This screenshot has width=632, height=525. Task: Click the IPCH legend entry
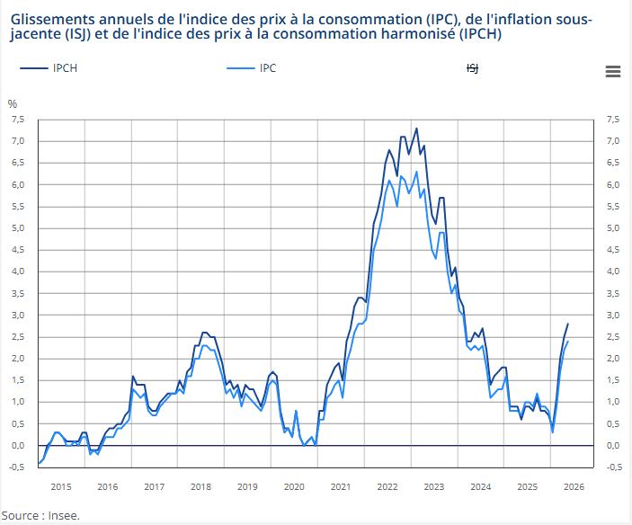point(49,68)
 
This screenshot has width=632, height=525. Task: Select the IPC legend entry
point(252,68)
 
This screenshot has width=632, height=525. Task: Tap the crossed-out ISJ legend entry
point(472,68)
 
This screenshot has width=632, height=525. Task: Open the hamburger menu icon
point(612,72)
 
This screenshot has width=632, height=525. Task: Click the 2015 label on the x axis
point(61,486)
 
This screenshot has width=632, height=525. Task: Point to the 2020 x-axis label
point(294,486)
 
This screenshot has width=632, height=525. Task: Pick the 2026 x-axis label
point(574,486)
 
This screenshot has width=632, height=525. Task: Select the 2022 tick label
point(387,486)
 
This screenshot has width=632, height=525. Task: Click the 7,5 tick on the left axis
point(18,120)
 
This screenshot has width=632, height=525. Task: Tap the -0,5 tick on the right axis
point(614,467)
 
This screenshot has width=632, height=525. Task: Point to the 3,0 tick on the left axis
point(18,315)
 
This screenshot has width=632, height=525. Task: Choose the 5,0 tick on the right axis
point(613,228)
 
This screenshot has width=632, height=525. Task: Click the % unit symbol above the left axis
point(13,104)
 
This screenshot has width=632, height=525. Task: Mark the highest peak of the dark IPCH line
point(416,129)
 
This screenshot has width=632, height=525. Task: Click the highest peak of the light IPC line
point(416,172)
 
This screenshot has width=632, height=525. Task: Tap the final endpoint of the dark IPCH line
point(568,324)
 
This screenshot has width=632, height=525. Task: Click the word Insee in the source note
point(63,515)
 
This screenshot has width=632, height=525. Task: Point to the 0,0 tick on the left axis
point(18,445)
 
